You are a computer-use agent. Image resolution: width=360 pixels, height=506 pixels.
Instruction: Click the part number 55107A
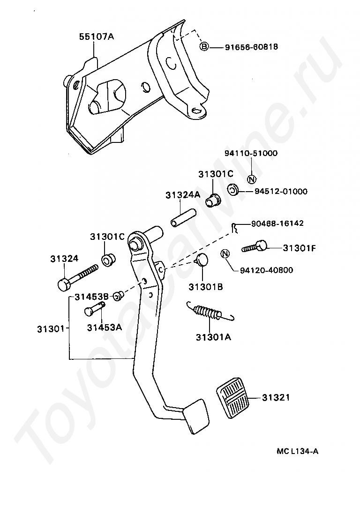[97, 37]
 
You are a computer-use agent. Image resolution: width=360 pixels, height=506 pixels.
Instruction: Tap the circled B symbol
[204, 47]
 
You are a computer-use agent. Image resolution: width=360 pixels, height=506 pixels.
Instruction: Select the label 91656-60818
[251, 47]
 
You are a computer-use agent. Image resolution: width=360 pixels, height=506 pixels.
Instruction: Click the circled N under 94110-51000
[252, 179]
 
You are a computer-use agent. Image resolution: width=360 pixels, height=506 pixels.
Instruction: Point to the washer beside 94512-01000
[232, 190]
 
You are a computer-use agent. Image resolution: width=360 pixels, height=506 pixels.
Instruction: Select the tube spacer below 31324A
[183, 219]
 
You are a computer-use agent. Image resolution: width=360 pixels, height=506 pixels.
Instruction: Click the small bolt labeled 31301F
[254, 247]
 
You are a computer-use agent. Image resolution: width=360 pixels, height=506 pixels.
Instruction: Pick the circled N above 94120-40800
[225, 254]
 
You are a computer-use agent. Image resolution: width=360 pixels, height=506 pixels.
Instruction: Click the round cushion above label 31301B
[202, 260]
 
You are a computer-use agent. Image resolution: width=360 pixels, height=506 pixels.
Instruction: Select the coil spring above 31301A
[210, 313]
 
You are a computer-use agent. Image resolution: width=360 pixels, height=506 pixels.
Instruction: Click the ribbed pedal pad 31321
[233, 398]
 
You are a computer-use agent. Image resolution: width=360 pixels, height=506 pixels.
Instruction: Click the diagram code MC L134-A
[297, 451]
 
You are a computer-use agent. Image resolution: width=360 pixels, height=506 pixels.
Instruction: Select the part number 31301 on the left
[51, 329]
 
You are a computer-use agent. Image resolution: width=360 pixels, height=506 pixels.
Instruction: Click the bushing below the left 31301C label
[109, 260]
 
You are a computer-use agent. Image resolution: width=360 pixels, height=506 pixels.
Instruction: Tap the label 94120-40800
[266, 270]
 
